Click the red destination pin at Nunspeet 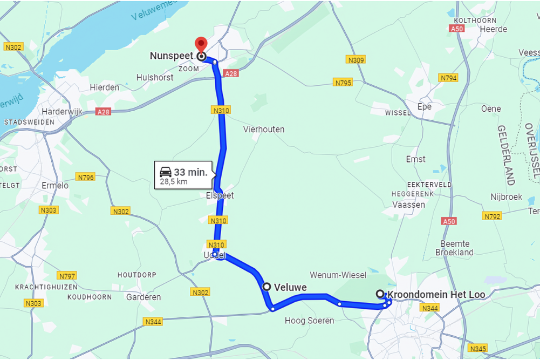click(201, 45)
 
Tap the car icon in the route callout click(166, 172)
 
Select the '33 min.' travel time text click(190, 172)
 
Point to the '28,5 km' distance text click(174, 182)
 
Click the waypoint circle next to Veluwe click(266, 287)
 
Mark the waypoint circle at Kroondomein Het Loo click(380, 294)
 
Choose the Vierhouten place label click(264, 130)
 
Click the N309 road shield click(356, 60)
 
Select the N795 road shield click(343, 83)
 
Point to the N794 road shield click(448, 78)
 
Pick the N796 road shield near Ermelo click(86, 177)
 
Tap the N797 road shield click(67, 275)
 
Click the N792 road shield click(492, 216)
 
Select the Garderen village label click(143, 297)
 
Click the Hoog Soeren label click(309, 321)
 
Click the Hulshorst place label click(155, 78)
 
